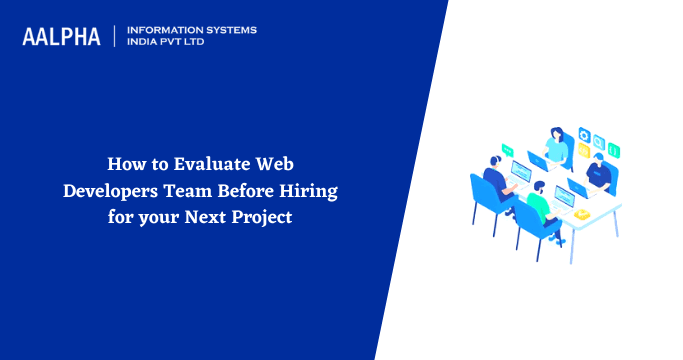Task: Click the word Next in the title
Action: point(213,216)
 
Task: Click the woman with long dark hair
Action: point(557,150)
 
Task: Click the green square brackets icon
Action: point(614,150)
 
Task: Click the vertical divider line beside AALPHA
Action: point(115,37)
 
